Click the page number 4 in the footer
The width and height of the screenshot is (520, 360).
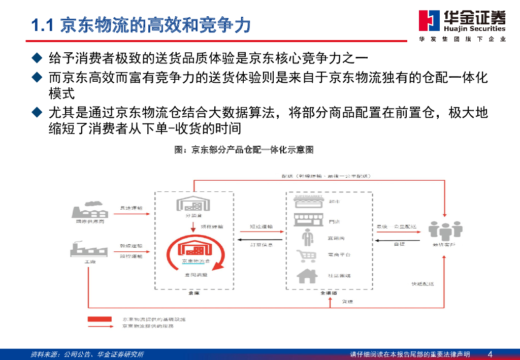pos(490,354)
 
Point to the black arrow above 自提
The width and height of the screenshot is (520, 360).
pos(398,240)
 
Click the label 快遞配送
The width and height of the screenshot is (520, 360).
pos(422,284)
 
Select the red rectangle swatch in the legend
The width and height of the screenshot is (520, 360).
pos(100,319)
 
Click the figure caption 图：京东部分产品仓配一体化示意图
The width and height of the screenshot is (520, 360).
pos(244,150)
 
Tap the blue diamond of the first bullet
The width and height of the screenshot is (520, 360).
pos(36,58)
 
